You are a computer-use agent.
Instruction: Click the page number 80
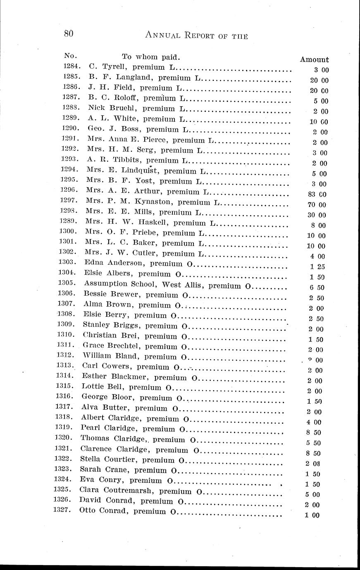click(69, 34)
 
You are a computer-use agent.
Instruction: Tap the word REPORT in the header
click(195, 36)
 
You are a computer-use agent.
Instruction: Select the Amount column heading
click(314, 59)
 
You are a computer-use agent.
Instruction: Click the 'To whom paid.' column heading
click(150, 56)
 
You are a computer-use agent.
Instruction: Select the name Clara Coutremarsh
click(117, 491)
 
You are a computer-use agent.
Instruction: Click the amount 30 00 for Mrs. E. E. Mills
click(317, 215)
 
